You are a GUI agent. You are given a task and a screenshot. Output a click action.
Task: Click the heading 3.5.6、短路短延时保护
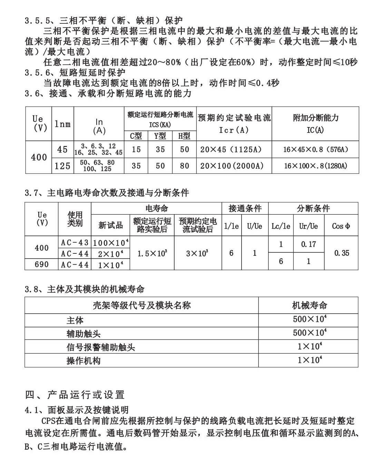(75, 73)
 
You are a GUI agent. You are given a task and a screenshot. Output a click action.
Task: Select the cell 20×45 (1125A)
(231, 149)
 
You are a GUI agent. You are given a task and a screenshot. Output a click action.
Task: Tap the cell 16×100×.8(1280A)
(315, 166)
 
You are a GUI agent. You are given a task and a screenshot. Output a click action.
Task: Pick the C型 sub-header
(136, 136)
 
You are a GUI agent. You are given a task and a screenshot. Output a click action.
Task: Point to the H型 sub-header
(184, 136)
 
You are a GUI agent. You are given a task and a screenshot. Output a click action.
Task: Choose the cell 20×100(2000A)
(232, 166)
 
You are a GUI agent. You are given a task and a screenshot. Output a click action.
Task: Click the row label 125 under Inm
(62, 166)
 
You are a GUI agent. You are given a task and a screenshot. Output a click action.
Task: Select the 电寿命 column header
(157, 208)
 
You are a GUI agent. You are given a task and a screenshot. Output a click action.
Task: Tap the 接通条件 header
(245, 208)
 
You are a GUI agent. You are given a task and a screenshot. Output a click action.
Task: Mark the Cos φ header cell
(341, 226)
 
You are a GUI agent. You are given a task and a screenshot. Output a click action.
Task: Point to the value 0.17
(308, 244)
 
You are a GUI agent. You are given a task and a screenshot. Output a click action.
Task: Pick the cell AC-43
(75, 243)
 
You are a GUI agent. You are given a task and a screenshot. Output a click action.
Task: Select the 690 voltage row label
(42, 264)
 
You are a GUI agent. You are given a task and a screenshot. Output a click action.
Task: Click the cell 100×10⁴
(111, 243)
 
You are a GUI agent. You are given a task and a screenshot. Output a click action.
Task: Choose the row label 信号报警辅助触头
(101, 347)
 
